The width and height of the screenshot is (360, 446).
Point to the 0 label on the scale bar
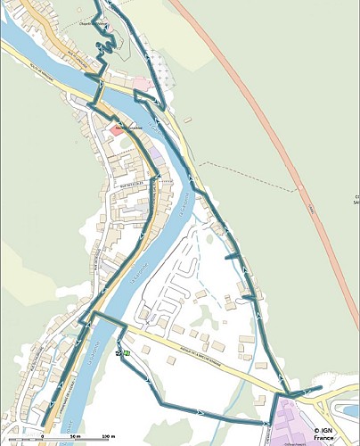click(x=42, y=437)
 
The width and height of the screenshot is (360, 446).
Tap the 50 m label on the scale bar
click(x=75, y=437)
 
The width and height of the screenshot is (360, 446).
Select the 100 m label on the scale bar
click(x=107, y=437)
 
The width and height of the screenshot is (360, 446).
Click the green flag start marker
click(x=127, y=353)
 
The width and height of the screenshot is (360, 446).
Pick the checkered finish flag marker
click(x=119, y=353)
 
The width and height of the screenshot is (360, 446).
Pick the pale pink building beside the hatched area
click(x=141, y=83)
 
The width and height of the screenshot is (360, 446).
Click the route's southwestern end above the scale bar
click(x=42, y=424)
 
